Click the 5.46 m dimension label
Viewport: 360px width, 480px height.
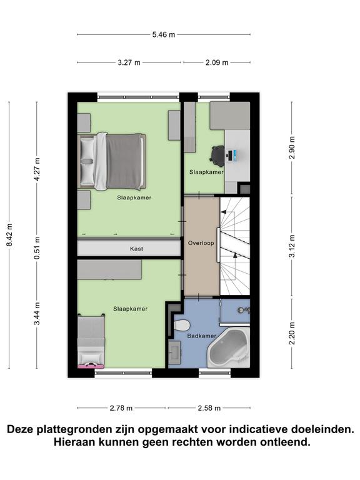pyautogui.click(x=164, y=35)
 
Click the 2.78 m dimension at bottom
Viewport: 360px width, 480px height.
pyautogui.click(x=122, y=408)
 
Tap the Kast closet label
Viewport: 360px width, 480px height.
pyautogui.click(x=136, y=249)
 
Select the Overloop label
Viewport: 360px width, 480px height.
pyautogui.click(x=201, y=243)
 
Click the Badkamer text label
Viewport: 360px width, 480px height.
pyautogui.click(x=204, y=336)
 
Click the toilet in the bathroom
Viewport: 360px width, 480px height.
pyautogui.click(x=182, y=326)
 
